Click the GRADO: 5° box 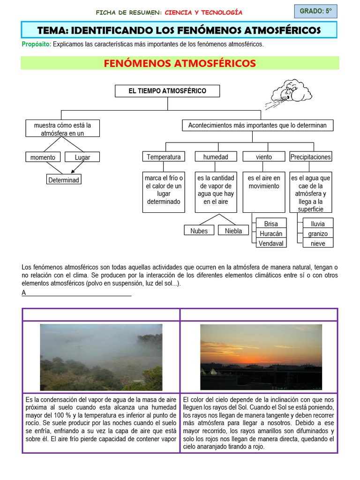coord(315,11)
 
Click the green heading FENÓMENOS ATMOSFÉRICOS coord(180,63)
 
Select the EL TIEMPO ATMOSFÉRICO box coord(167,91)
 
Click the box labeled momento coord(43,157)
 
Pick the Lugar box coord(82,157)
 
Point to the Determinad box coord(64,180)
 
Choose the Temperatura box coord(163,157)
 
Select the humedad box coord(216,157)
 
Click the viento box coord(263,157)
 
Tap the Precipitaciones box coord(310,157)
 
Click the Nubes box coord(199,231)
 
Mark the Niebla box coord(233,231)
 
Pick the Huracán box coord(270,233)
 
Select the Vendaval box coord(270,243)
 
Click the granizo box coord(318,233)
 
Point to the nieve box coord(318,243)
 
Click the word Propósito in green coord(36,45)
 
